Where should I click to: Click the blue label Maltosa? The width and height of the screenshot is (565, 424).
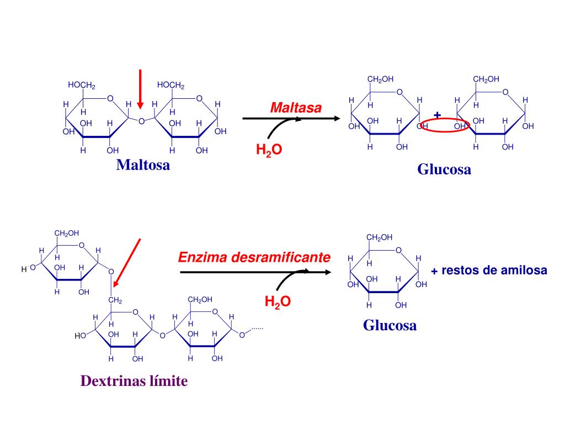click(143, 165)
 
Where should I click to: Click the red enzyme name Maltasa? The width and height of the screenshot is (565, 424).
click(295, 108)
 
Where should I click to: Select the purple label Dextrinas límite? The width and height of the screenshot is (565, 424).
click(134, 381)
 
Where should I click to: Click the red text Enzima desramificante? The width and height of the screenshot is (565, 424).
click(254, 257)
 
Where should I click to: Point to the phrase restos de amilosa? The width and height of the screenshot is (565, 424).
click(494, 271)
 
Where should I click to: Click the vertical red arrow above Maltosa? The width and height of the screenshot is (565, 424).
click(140, 88)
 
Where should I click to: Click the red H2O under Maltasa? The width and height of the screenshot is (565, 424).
click(269, 150)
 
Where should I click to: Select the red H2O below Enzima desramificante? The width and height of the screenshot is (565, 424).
click(278, 301)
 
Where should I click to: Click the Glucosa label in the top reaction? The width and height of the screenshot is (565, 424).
click(444, 169)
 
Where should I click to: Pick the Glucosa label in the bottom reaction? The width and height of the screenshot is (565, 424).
click(390, 325)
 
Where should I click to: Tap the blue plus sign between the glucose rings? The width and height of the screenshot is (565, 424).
click(437, 115)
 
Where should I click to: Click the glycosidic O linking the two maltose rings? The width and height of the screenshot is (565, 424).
click(141, 121)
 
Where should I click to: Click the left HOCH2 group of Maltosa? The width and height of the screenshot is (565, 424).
click(82, 85)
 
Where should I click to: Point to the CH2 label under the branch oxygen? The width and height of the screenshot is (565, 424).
click(115, 300)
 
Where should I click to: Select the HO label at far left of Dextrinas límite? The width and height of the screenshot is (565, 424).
click(81, 335)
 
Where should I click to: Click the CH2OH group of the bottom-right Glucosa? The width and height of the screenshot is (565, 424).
click(380, 237)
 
